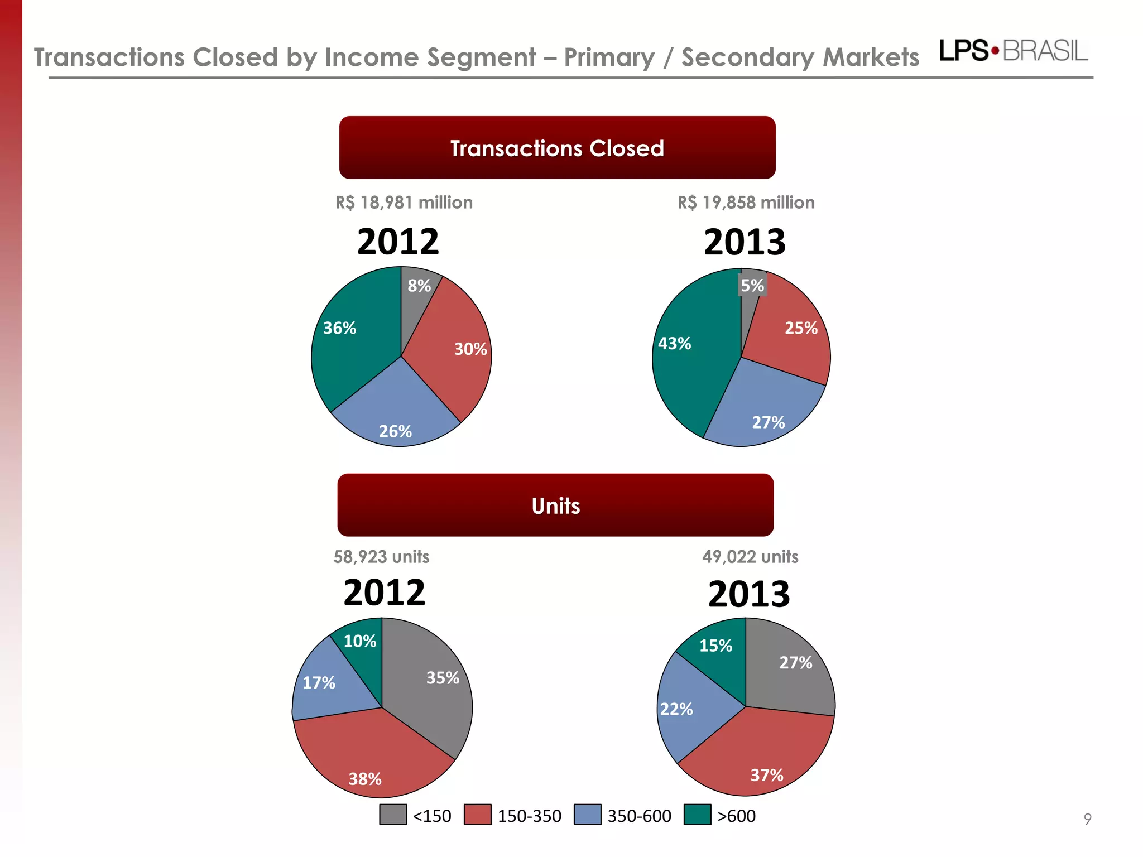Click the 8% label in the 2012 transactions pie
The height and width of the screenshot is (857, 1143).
419,286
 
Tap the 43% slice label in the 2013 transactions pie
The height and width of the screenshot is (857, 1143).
674,343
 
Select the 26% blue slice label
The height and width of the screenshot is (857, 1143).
395,431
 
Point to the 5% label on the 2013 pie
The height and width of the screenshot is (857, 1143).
752,286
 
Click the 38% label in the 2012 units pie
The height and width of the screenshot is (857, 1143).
365,779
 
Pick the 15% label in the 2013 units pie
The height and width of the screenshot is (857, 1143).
715,646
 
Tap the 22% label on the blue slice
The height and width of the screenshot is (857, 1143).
676,709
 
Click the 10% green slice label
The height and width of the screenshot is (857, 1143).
359,641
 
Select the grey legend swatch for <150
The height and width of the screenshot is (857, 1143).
393,815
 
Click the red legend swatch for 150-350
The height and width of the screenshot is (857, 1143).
478,815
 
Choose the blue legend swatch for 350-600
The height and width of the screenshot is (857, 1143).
588,815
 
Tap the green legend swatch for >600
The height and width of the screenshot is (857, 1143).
698,815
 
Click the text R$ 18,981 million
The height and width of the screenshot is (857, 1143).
404,203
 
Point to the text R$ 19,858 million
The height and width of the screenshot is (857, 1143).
746,203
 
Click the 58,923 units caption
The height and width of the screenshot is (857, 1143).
381,557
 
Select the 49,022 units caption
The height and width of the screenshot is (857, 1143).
750,557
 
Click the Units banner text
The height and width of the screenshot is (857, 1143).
556,506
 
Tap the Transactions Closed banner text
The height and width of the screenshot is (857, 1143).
557,148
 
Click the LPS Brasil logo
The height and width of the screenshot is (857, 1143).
1014,51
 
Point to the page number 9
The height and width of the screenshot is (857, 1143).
1087,819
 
